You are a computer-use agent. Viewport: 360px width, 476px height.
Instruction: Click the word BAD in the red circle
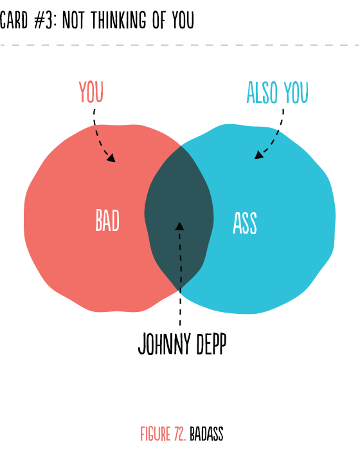[107, 220]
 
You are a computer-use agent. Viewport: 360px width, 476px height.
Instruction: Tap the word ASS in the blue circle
[245, 223]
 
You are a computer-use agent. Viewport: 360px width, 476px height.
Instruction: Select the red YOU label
[91, 92]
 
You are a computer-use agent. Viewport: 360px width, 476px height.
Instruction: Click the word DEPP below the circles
[212, 344]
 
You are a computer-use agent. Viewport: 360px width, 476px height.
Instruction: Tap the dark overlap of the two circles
[179, 216]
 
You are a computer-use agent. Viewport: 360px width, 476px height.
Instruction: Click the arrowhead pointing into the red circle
[111, 158]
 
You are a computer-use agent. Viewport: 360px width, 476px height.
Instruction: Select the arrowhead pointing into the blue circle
[258, 155]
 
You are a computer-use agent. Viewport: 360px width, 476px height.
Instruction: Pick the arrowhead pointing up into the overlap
[179, 226]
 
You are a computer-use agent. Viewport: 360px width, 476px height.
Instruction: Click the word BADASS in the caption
[206, 434]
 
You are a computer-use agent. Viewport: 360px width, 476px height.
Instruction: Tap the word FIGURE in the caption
[156, 434]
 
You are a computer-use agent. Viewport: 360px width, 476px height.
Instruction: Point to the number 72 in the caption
[180, 434]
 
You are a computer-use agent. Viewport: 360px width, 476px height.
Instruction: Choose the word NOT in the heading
[73, 20]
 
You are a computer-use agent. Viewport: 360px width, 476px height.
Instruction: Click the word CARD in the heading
[14, 20]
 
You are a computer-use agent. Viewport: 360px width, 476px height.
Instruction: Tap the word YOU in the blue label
[296, 92]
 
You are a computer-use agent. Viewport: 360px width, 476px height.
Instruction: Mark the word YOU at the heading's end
[183, 20]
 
